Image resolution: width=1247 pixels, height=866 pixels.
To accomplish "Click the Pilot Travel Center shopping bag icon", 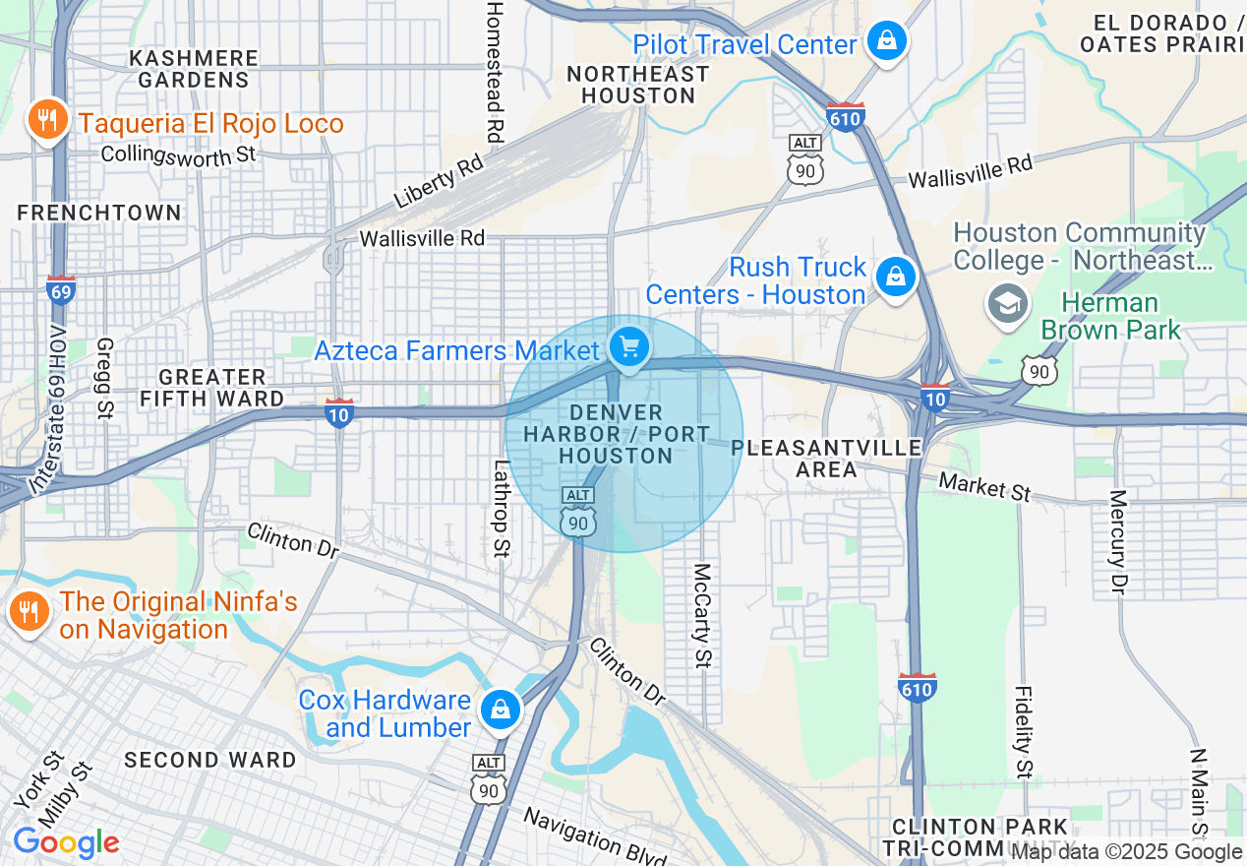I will (887, 41).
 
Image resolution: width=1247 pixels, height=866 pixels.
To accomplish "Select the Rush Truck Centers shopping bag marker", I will (895, 278).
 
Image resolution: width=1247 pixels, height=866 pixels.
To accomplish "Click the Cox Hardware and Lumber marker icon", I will (500, 709).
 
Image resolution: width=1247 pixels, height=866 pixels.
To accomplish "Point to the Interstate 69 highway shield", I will (61, 289).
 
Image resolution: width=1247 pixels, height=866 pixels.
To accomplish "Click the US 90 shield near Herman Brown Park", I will (1039, 370).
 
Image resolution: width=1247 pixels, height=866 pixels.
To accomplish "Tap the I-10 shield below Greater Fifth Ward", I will (339, 414).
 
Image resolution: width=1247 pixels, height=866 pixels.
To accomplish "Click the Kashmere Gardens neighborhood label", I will (194, 69).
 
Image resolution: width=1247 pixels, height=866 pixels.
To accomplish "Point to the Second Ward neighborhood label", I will (209, 760).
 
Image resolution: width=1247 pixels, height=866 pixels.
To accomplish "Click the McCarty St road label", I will (702, 615).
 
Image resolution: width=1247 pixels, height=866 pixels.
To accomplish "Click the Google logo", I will (66, 843).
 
